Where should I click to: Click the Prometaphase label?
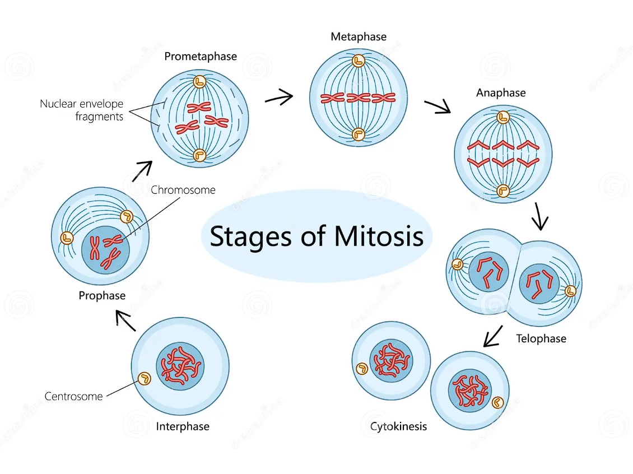click(200, 56)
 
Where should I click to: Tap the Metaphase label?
click(359, 37)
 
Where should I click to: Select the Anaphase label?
click(501, 92)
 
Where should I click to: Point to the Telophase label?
click(541, 338)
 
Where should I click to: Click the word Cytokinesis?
click(398, 426)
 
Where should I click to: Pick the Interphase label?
click(183, 426)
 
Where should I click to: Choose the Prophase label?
click(102, 295)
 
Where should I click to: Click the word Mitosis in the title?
click(379, 236)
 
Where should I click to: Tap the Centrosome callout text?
click(73, 396)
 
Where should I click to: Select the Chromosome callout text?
click(183, 190)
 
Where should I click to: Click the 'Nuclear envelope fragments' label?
click(81, 110)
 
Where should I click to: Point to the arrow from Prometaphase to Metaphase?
click(279, 98)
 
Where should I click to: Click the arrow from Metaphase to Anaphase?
click(437, 106)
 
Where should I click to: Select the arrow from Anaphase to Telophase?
click(539, 216)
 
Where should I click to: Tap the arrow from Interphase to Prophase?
click(127, 321)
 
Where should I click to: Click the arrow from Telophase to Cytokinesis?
click(494, 336)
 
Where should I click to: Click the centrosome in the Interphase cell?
click(145, 379)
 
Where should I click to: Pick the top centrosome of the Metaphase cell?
click(358, 61)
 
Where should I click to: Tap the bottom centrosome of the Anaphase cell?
click(503, 191)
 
